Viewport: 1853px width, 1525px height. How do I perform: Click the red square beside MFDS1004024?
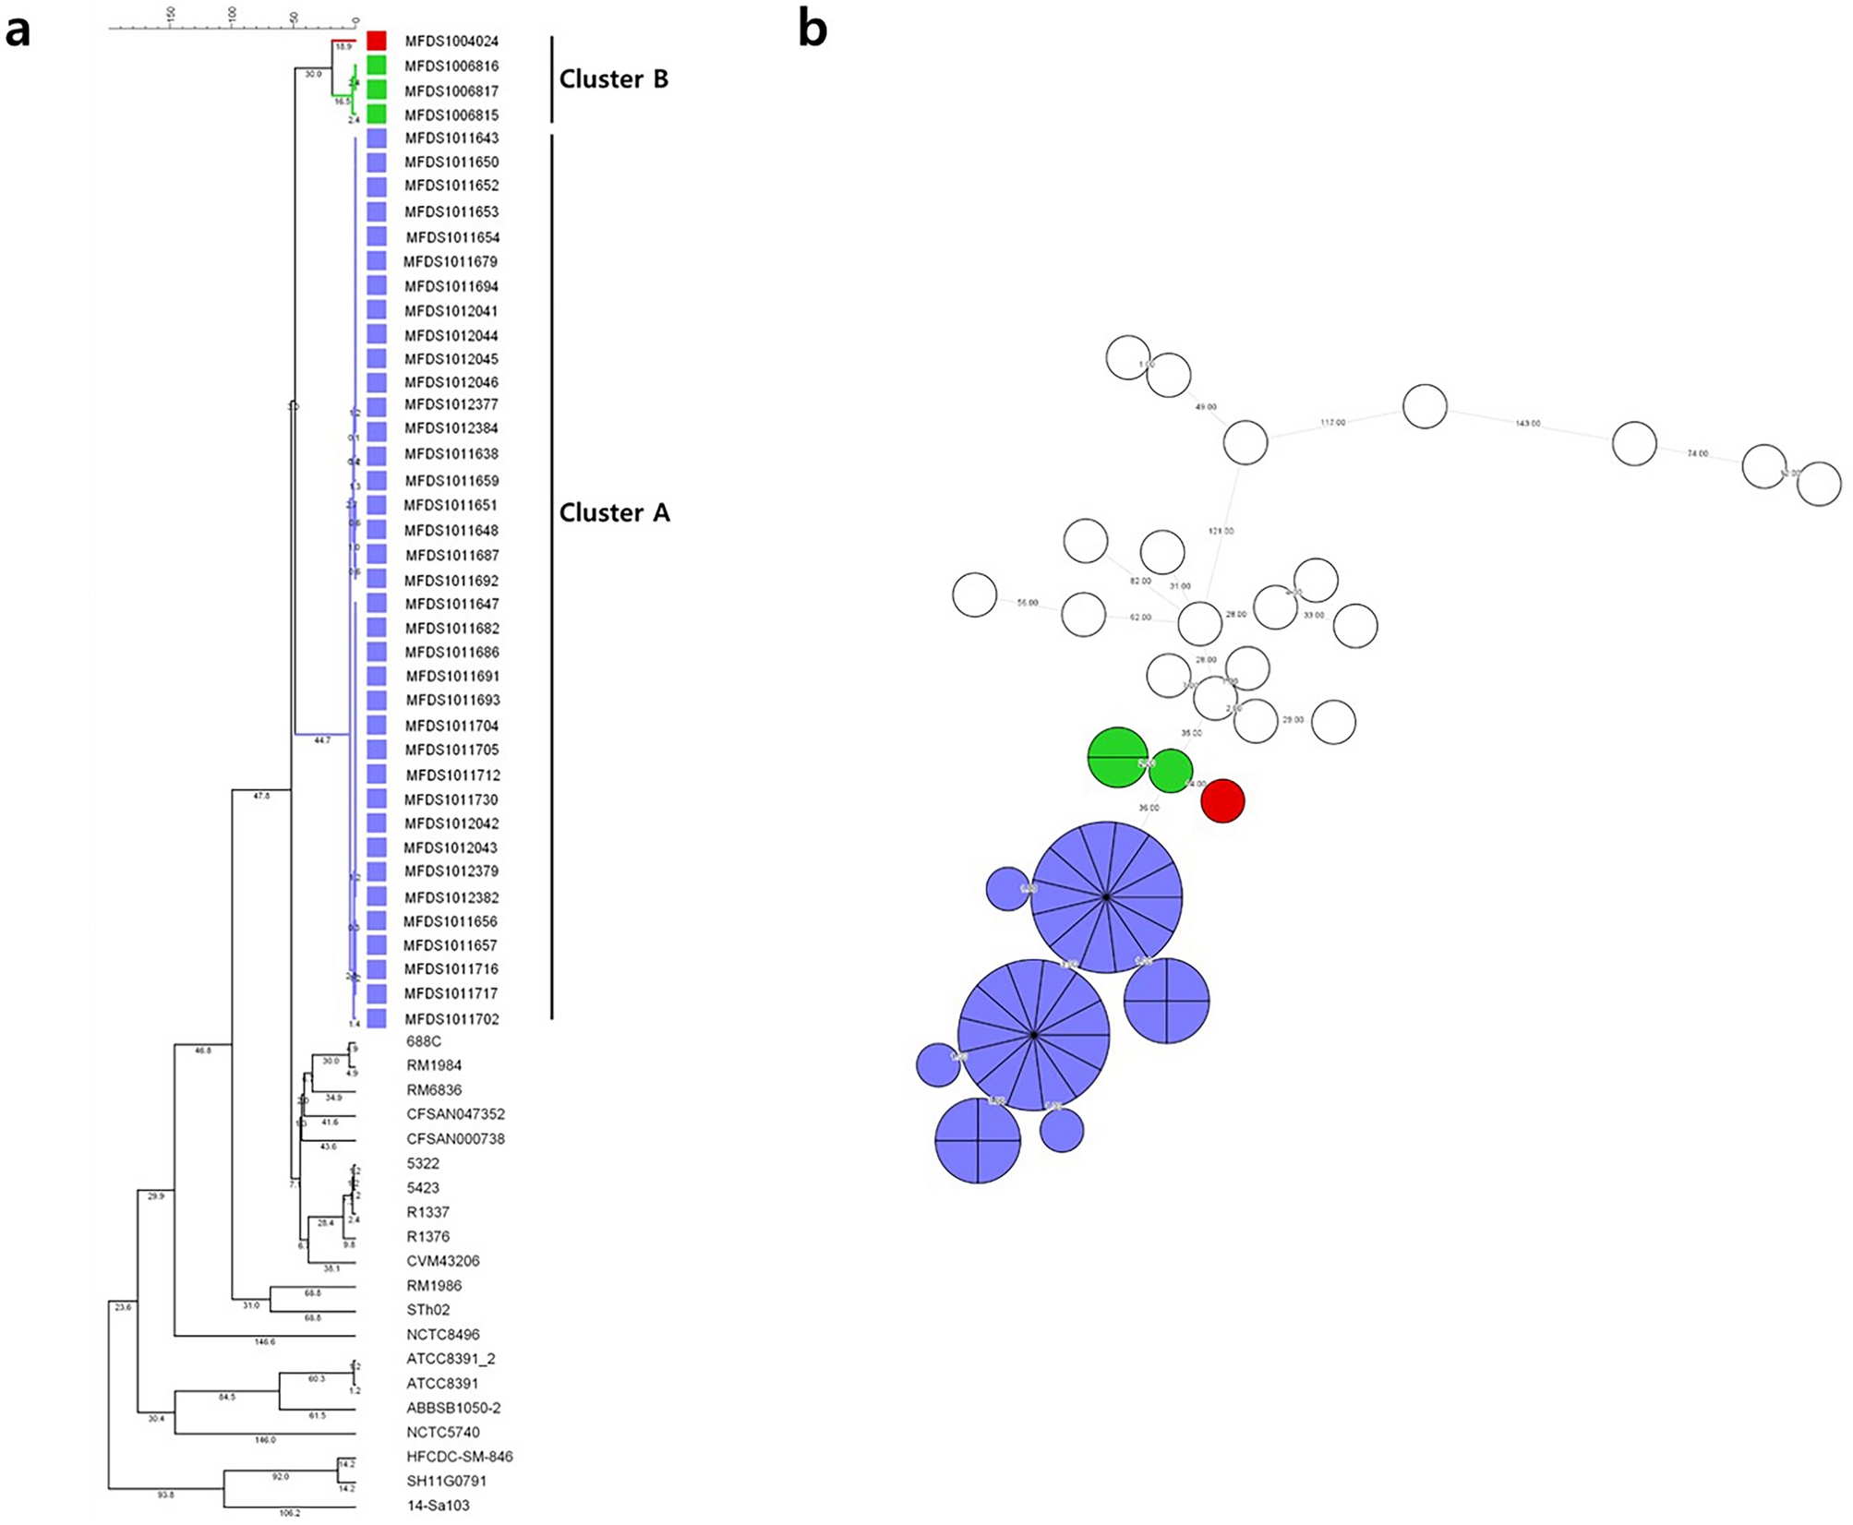click(376, 41)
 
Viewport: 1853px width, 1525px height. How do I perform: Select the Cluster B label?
click(613, 79)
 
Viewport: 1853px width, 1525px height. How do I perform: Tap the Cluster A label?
click(614, 512)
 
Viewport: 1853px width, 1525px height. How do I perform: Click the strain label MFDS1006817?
click(451, 90)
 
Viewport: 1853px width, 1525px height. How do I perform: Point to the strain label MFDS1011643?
click(451, 138)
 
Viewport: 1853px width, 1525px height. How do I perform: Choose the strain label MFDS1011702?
click(452, 1019)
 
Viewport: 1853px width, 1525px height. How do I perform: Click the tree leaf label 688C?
click(424, 1041)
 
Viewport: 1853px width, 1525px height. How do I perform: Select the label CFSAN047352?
click(455, 1114)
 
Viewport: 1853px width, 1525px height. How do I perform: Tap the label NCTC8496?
click(442, 1335)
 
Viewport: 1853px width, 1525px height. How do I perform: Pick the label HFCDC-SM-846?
click(459, 1457)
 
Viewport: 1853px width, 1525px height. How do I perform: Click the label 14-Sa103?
click(438, 1506)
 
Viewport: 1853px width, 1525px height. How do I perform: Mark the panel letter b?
click(812, 30)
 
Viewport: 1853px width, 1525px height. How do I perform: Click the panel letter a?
click(18, 31)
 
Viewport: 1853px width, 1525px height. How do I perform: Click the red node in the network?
click(1222, 800)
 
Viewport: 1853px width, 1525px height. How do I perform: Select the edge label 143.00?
click(1527, 424)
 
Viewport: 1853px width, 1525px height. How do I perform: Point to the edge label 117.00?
click(1332, 423)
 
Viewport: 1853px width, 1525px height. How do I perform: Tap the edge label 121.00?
click(1221, 532)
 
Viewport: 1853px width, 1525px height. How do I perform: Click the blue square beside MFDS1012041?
click(376, 310)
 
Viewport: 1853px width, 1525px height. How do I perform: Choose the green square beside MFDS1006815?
click(376, 114)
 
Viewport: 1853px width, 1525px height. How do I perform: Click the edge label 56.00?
click(1027, 603)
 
